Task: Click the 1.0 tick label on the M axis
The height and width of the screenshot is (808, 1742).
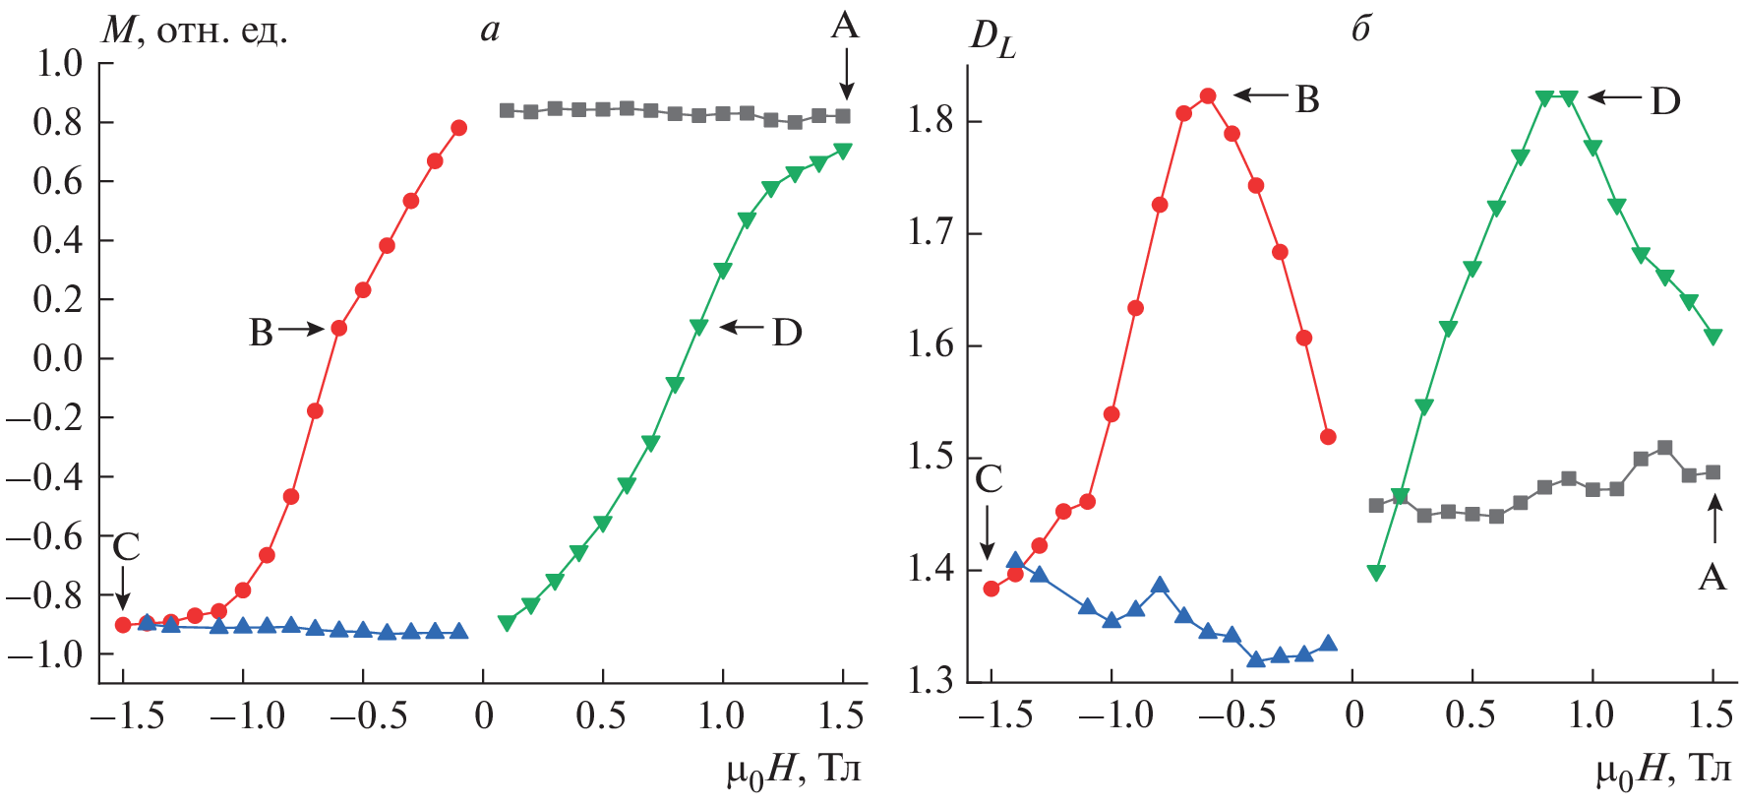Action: point(58,64)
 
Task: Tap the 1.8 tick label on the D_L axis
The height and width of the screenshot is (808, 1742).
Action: point(930,122)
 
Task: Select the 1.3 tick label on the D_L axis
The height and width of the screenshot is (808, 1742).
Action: point(930,681)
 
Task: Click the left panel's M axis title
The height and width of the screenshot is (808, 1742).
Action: point(195,31)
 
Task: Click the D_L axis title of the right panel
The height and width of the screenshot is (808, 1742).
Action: point(991,39)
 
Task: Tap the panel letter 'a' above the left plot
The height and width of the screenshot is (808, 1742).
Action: point(490,31)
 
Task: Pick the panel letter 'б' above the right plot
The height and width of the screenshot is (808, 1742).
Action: point(1361,30)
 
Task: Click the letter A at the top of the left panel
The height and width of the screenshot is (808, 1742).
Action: point(844,26)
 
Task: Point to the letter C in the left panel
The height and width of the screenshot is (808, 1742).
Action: point(126,547)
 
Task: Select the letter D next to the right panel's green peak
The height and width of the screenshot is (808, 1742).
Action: point(1664,101)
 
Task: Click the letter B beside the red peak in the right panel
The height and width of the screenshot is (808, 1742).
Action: point(1306,99)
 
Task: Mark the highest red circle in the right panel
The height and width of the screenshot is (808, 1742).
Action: point(1208,96)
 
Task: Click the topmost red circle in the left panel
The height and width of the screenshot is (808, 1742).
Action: point(458,128)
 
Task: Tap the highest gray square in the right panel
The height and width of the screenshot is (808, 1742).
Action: point(1664,449)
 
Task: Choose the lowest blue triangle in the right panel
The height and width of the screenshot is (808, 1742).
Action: point(1256,659)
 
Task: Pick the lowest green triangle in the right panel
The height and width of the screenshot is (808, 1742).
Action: point(1376,573)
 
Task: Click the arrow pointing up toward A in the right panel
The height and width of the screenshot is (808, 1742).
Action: point(1714,519)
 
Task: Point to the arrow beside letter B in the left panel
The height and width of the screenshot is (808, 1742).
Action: point(300,330)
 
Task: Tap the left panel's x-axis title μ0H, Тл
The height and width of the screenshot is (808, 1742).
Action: point(793,770)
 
